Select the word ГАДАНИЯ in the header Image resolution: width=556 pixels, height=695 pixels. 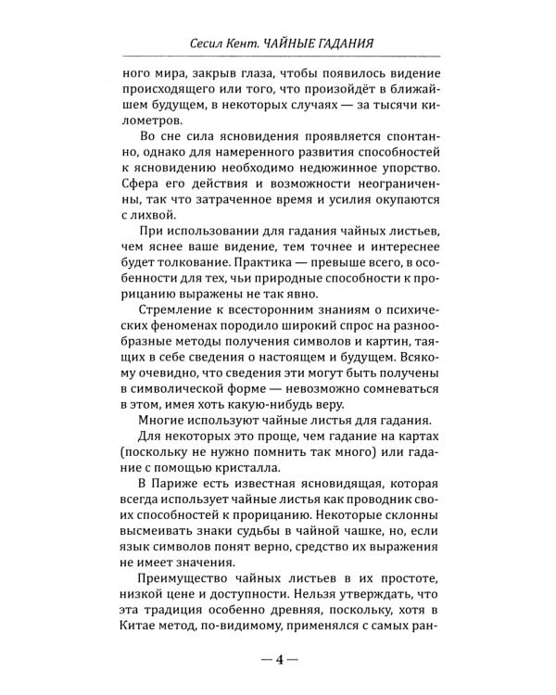[x=363, y=44]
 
